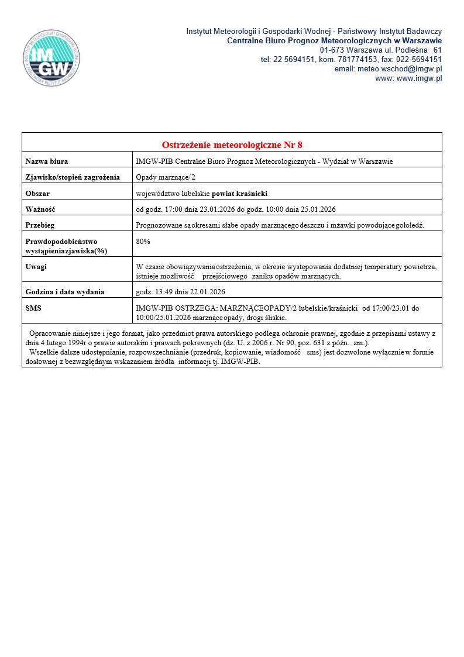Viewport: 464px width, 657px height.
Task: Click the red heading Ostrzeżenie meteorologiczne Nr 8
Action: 232,145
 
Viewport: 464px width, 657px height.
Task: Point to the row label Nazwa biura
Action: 51,161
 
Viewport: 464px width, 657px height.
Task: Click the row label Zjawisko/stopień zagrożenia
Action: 73,177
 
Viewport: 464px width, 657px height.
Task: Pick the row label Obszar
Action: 37,193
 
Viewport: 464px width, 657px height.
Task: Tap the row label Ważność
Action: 40,209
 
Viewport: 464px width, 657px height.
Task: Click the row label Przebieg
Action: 40,225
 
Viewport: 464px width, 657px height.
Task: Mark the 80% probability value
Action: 143,241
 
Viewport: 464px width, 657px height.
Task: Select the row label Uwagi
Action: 36,267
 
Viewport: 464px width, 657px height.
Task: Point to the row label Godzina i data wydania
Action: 65,291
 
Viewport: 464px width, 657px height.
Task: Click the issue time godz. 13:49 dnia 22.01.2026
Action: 180,291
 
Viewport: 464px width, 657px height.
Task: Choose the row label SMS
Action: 33,307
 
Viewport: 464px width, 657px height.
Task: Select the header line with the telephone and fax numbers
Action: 351,60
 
